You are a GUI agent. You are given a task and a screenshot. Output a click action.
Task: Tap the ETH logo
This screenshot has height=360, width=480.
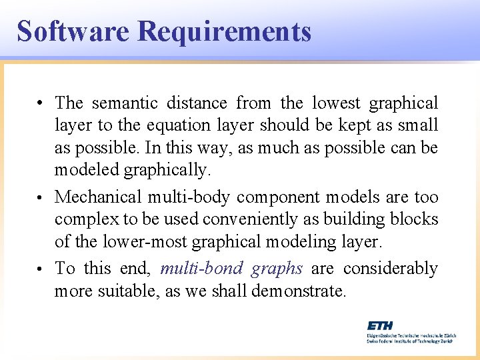[381, 325]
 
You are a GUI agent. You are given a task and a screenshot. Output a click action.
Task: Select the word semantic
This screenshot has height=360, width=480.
[125, 103]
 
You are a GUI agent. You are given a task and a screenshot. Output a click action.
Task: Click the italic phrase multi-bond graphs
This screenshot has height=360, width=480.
[231, 269]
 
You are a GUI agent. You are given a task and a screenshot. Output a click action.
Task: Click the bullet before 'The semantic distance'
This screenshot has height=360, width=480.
[41, 104]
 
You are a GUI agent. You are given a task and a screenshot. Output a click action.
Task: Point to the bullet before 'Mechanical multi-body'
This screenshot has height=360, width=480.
[41, 198]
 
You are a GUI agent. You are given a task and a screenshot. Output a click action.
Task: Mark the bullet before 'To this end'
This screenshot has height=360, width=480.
[41, 269]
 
